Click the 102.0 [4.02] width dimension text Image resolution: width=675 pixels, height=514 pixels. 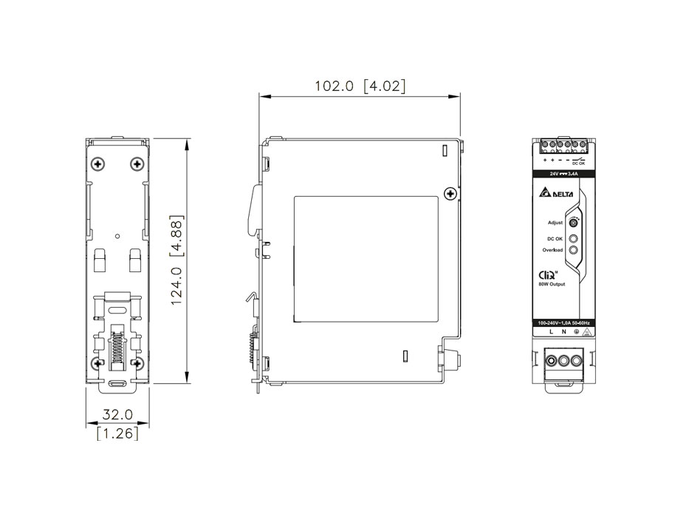[360, 86]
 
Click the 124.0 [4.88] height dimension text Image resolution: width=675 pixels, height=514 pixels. [175, 260]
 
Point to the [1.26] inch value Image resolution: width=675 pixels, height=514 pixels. [117, 433]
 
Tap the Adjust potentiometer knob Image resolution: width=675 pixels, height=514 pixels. [573, 222]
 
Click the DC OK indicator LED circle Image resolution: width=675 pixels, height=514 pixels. [573, 239]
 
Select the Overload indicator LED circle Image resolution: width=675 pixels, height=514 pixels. [573, 251]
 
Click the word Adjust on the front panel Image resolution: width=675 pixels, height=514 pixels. [555, 223]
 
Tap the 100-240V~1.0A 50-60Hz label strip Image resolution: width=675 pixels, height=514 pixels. [563, 323]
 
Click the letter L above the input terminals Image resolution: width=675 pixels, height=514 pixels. [551, 333]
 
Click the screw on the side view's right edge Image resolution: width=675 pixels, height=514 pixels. [449, 194]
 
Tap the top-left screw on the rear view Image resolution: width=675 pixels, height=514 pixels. [98, 163]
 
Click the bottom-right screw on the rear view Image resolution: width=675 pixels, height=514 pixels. [137, 362]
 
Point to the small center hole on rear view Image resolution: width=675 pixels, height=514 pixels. [117, 237]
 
